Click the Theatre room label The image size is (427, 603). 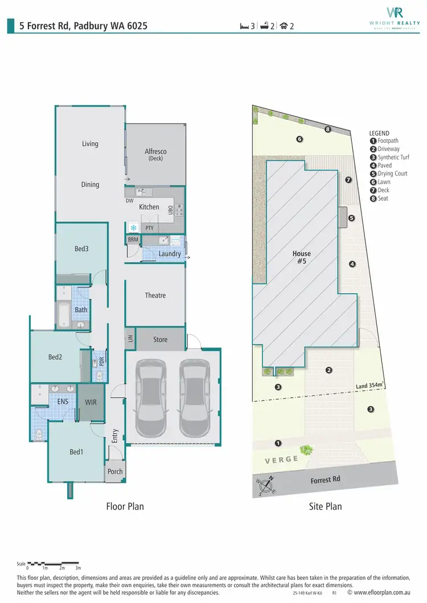(x=155, y=295)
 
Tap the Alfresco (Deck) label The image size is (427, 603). (x=155, y=154)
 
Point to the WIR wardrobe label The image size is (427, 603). (x=90, y=402)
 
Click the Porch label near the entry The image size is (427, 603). (x=115, y=472)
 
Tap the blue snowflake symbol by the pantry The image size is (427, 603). (x=134, y=228)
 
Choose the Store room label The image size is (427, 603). (x=161, y=340)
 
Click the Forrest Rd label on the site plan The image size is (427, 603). (x=326, y=480)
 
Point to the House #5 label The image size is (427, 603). (x=301, y=258)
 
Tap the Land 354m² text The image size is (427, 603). (x=370, y=386)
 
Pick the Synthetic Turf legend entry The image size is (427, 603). (x=392, y=157)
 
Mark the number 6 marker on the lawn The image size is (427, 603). (x=299, y=139)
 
